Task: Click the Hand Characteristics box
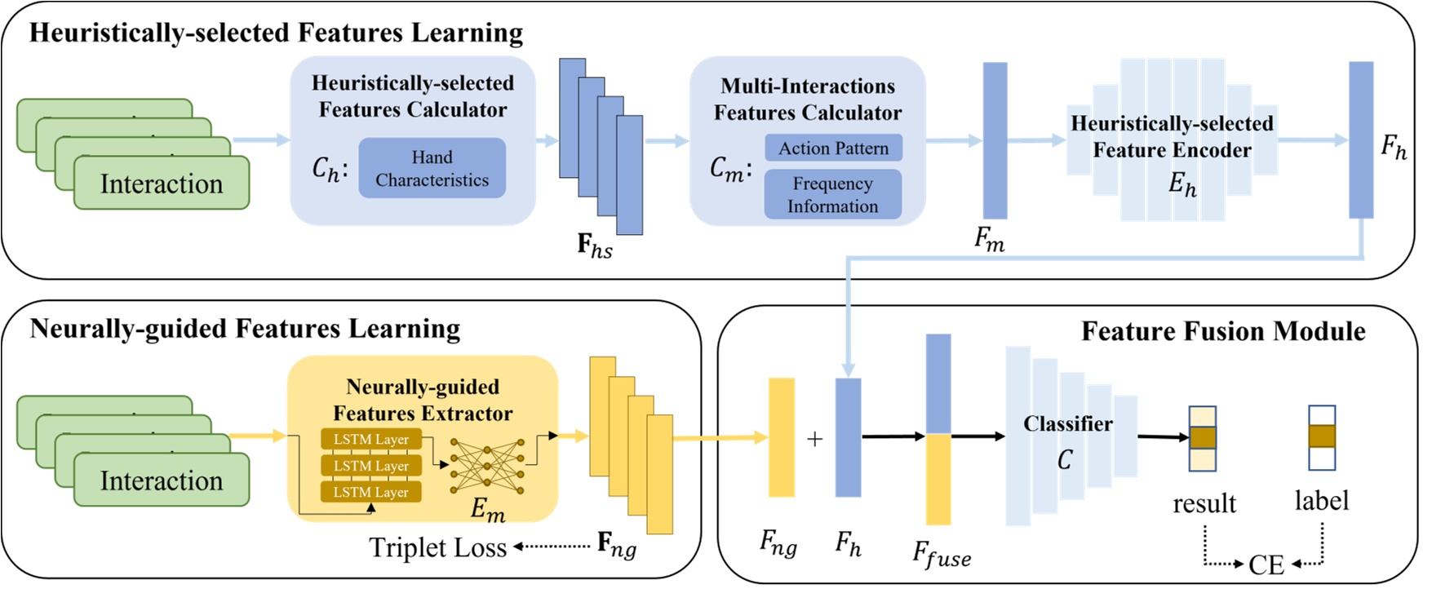pos(432,168)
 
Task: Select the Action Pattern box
pos(833,148)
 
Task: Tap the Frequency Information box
pos(832,195)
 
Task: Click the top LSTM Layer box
pos(371,440)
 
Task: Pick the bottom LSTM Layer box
pos(371,492)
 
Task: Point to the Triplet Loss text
pos(438,547)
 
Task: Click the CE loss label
pos(1266,564)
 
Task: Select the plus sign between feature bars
pos(814,440)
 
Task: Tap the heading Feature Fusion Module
pos(1222,331)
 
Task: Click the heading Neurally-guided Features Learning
pos(245,329)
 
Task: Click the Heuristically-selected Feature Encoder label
pos(1172,137)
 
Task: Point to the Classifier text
pos(1067,424)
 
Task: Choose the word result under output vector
pos(1204,503)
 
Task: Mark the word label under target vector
pos(1321,500)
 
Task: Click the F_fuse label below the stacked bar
pos(942,556)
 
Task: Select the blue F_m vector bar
pos(995,140)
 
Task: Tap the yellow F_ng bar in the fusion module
pos(782,437)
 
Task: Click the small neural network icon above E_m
pos(486,466)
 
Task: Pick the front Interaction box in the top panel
pos(162,184)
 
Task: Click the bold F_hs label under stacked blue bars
pos(595,246)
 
